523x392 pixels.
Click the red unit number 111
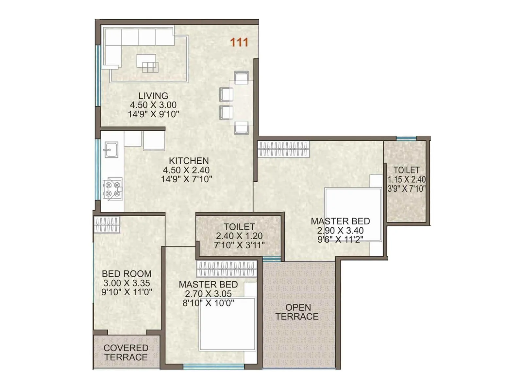tap(239, 42)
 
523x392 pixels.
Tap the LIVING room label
tap(153, 96)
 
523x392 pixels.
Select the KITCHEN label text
tap(189, 161)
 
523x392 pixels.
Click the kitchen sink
tap(111, 150)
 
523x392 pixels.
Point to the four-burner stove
tap(112, 189)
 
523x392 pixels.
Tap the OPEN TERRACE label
tap(297, 312)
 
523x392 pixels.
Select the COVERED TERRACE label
tap(126, 352)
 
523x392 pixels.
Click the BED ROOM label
tap(127, 274)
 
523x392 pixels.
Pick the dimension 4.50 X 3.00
tap(153, 105)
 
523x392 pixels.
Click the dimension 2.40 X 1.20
tap(239, 236)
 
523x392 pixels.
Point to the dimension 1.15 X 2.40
tap(407, 179)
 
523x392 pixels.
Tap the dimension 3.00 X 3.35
tap(127, 283)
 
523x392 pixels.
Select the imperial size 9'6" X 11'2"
tap(340, 239)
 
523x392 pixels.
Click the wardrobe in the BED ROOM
tap(107, 224)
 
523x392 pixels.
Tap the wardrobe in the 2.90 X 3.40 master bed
tap(283, 149)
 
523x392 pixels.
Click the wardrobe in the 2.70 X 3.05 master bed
tap(227, 269)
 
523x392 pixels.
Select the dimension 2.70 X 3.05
tap(208, 294)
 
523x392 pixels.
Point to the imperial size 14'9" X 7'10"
tap(186, 179)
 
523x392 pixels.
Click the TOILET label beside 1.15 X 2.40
tap(407, 170)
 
